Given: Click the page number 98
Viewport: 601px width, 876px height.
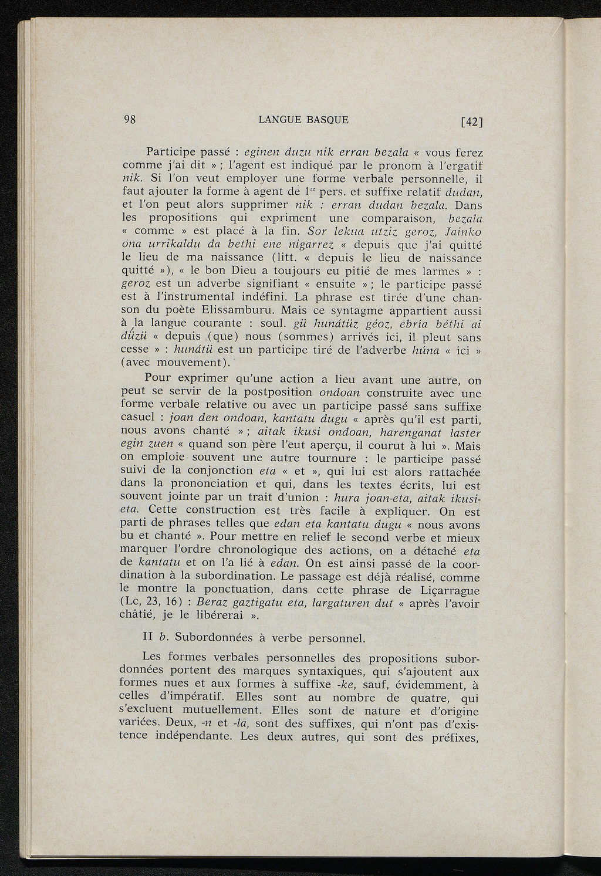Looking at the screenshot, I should pyautogui.click(x=130, y=120).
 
